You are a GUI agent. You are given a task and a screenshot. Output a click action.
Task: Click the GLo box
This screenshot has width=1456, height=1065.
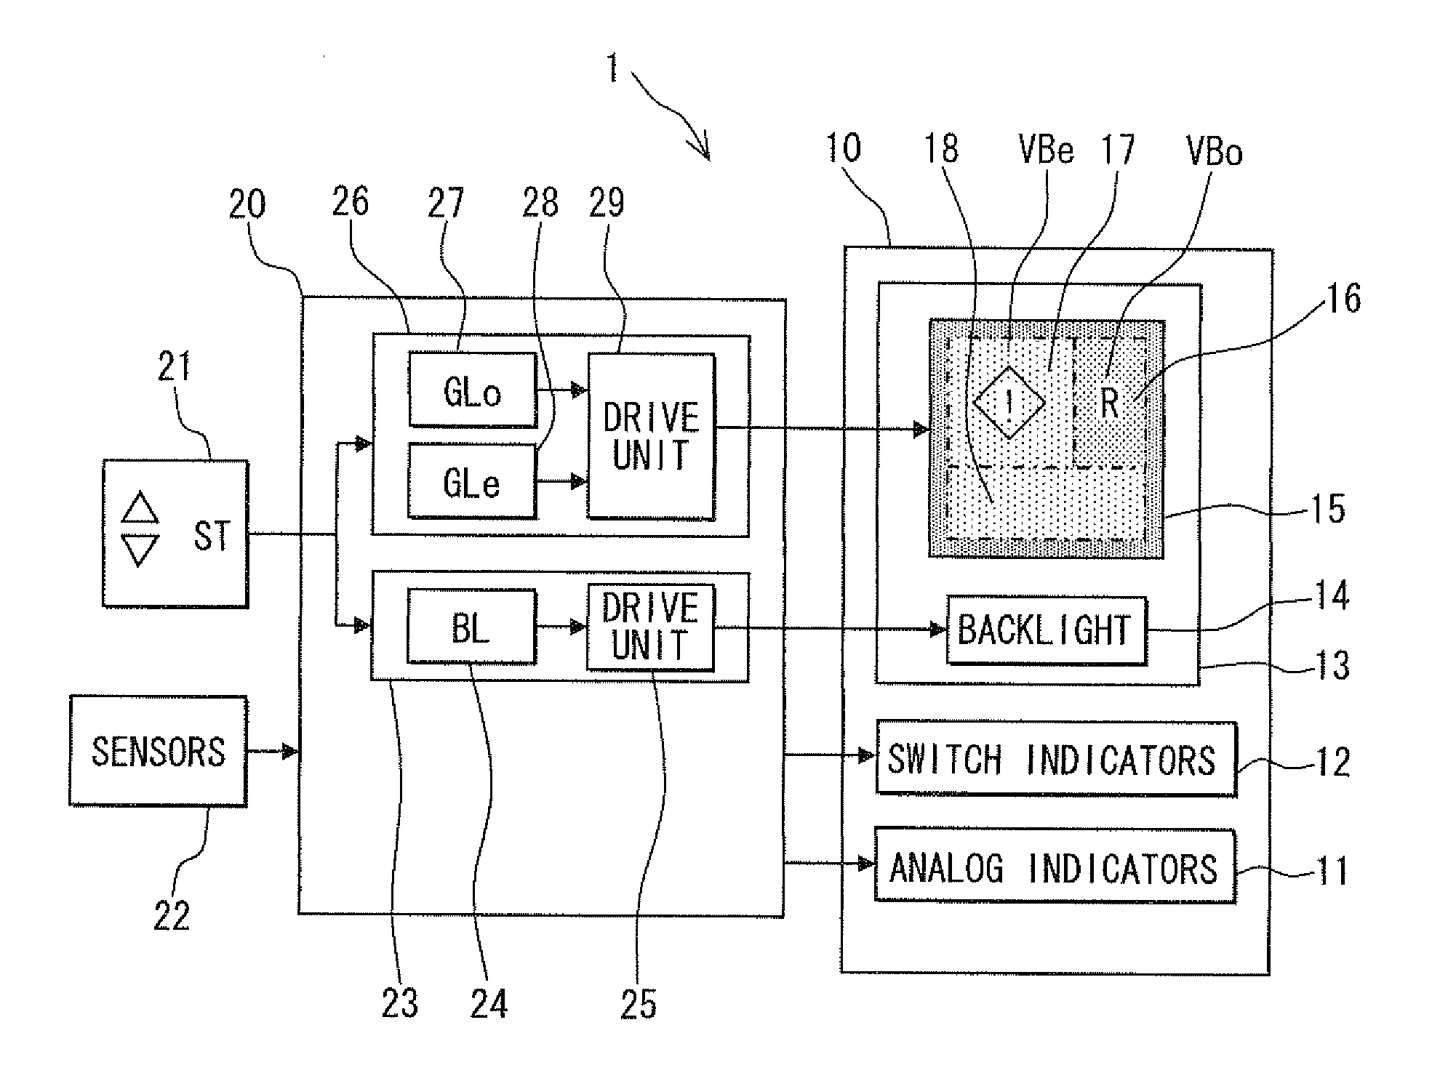point(473,390)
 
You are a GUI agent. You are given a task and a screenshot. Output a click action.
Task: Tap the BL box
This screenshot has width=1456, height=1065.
point(471,626)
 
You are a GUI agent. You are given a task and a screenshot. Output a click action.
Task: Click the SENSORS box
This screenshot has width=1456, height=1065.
point(159,751)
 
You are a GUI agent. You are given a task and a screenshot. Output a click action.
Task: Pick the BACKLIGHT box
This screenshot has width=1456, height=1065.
point(1047,630)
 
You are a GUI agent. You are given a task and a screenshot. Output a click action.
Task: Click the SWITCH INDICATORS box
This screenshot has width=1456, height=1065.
point(1056,758)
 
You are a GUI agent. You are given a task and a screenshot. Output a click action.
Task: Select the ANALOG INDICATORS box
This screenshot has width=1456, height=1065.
point(1055,865)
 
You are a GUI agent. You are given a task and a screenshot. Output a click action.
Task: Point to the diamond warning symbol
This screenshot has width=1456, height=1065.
point(1009,403)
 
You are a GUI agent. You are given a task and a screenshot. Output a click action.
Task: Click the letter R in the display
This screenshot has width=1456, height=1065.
point(1110,403)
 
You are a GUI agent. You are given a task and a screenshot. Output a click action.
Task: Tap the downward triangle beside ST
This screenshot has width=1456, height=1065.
point(140,550)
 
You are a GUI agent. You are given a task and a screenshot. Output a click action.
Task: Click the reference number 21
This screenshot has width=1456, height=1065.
point(174,366)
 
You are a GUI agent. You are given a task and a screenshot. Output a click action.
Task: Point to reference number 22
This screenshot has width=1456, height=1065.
point(172,915)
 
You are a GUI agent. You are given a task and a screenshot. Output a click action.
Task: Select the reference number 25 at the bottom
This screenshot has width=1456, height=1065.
point(639,1004)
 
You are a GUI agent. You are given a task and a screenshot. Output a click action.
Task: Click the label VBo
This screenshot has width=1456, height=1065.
point(1215,152)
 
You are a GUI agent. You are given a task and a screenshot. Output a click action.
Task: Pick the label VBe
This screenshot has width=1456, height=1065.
point(1047,150)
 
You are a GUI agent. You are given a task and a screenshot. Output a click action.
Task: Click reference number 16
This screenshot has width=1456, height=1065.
point(1343,299)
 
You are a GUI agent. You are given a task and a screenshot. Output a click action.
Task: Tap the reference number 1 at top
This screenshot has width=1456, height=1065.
point(613,69)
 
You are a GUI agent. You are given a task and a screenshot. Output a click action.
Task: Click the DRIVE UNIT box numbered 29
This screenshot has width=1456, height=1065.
point(651,435)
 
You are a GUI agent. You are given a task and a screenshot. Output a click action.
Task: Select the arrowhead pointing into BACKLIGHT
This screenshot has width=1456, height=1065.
point(939,630)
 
